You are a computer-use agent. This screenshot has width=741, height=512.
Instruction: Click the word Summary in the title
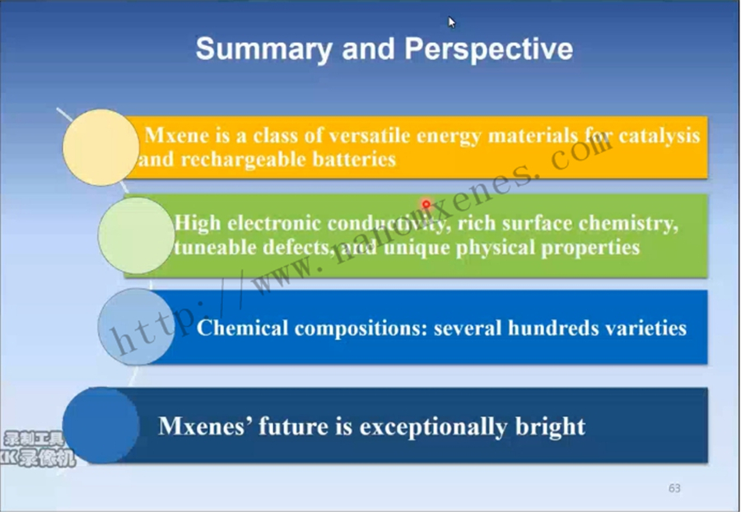pyautogui.click(x=263, y=49)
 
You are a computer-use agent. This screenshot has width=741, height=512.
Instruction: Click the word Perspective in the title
pyautogui.click(x=488, y=49)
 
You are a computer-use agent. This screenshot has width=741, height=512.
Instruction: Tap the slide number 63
pyautogui.click(x=674, y=488)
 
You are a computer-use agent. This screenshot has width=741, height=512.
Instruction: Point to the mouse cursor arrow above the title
pyautogui.click(x=452, y=22)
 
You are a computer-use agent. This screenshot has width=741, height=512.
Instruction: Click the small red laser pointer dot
pyautogui.click(x=426, y=204)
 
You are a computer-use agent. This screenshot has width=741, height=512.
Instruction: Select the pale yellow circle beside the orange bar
pyautogui.click(x=100, y=147)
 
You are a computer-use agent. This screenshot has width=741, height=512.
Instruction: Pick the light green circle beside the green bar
pyautogui.click(x=136, y=235)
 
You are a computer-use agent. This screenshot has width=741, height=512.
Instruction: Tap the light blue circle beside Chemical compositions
pyautogui.click(x=136, y=327)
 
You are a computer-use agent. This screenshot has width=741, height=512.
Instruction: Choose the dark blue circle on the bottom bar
pyautogui.click(x=100, y=426)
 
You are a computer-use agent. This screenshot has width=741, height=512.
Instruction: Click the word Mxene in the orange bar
pyautogui.click(x=177, y=136)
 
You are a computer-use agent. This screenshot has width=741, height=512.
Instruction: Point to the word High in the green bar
pyautogui.click(x=198, y=223)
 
